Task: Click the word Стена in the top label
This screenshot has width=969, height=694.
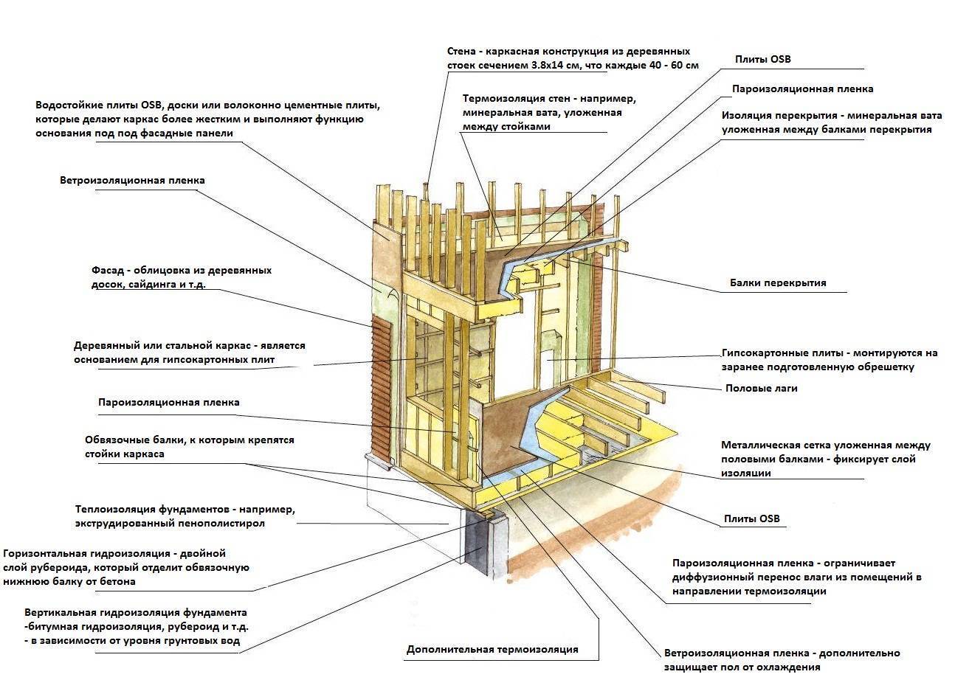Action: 461,52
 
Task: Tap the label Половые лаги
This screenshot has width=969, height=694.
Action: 761,388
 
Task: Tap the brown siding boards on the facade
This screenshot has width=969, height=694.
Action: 379,391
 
